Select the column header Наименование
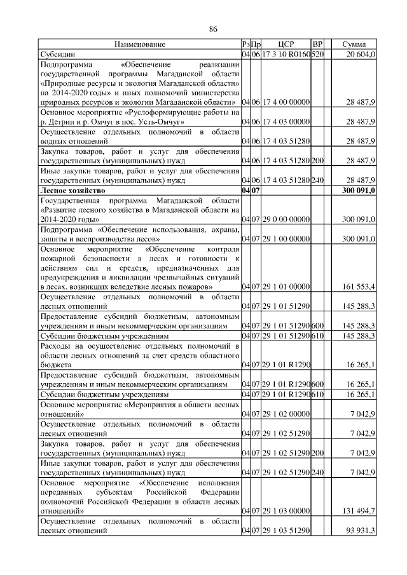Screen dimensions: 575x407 pos(139,44)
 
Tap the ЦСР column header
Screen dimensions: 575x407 pos(286,44)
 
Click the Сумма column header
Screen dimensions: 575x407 pos(354,44)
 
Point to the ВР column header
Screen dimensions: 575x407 pos(318,44)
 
